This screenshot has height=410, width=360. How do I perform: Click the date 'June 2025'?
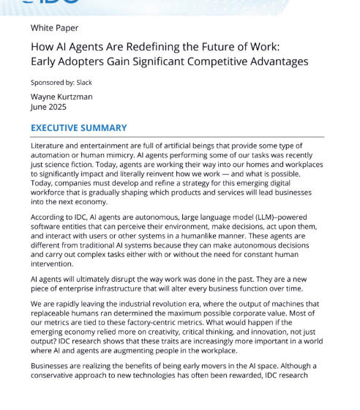coord(49,106)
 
